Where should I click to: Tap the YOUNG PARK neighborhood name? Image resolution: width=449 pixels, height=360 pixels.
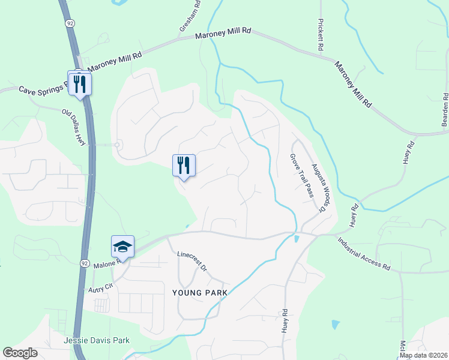point(199,293)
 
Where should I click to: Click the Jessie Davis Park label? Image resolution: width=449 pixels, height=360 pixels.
point(97,340)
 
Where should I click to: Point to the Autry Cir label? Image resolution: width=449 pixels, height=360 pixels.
point(100,288)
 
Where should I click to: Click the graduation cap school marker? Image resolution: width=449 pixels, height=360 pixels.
point(122,247)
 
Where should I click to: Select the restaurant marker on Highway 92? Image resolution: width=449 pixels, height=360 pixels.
point(79,83)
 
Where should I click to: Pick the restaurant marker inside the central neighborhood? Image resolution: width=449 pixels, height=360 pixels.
point(184,165)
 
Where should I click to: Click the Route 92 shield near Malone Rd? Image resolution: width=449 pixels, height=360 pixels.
point(85,263)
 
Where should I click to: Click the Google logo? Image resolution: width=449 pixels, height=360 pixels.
point(20,353)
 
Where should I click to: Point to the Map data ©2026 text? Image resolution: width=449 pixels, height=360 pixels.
point(423,355)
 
